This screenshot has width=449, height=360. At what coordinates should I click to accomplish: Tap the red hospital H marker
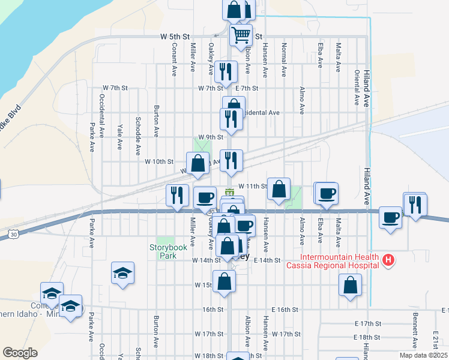(x=388, y=260)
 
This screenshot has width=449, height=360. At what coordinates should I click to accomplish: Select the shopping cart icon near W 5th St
(x=241, y=35)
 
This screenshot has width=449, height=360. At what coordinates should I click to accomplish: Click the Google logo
(x=20, y=353)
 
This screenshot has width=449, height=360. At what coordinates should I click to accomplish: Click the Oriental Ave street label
(x=357, y=88)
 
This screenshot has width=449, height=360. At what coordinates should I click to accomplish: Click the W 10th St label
(x=159, y=161)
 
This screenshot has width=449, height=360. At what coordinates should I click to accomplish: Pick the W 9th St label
(x=210, y=137)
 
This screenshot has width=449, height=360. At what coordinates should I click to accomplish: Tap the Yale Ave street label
(x=120, y=136)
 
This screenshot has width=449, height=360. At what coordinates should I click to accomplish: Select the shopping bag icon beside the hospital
(x=350, y=286)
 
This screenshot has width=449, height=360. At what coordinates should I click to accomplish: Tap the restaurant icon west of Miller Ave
(x=176, y=196)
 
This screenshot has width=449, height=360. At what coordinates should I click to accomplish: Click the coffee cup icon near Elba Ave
(x=327, y=194)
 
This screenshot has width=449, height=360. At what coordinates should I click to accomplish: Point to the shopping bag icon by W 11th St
(x=279, y=190)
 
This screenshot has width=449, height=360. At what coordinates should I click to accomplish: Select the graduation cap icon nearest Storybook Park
(x=122, y=274)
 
